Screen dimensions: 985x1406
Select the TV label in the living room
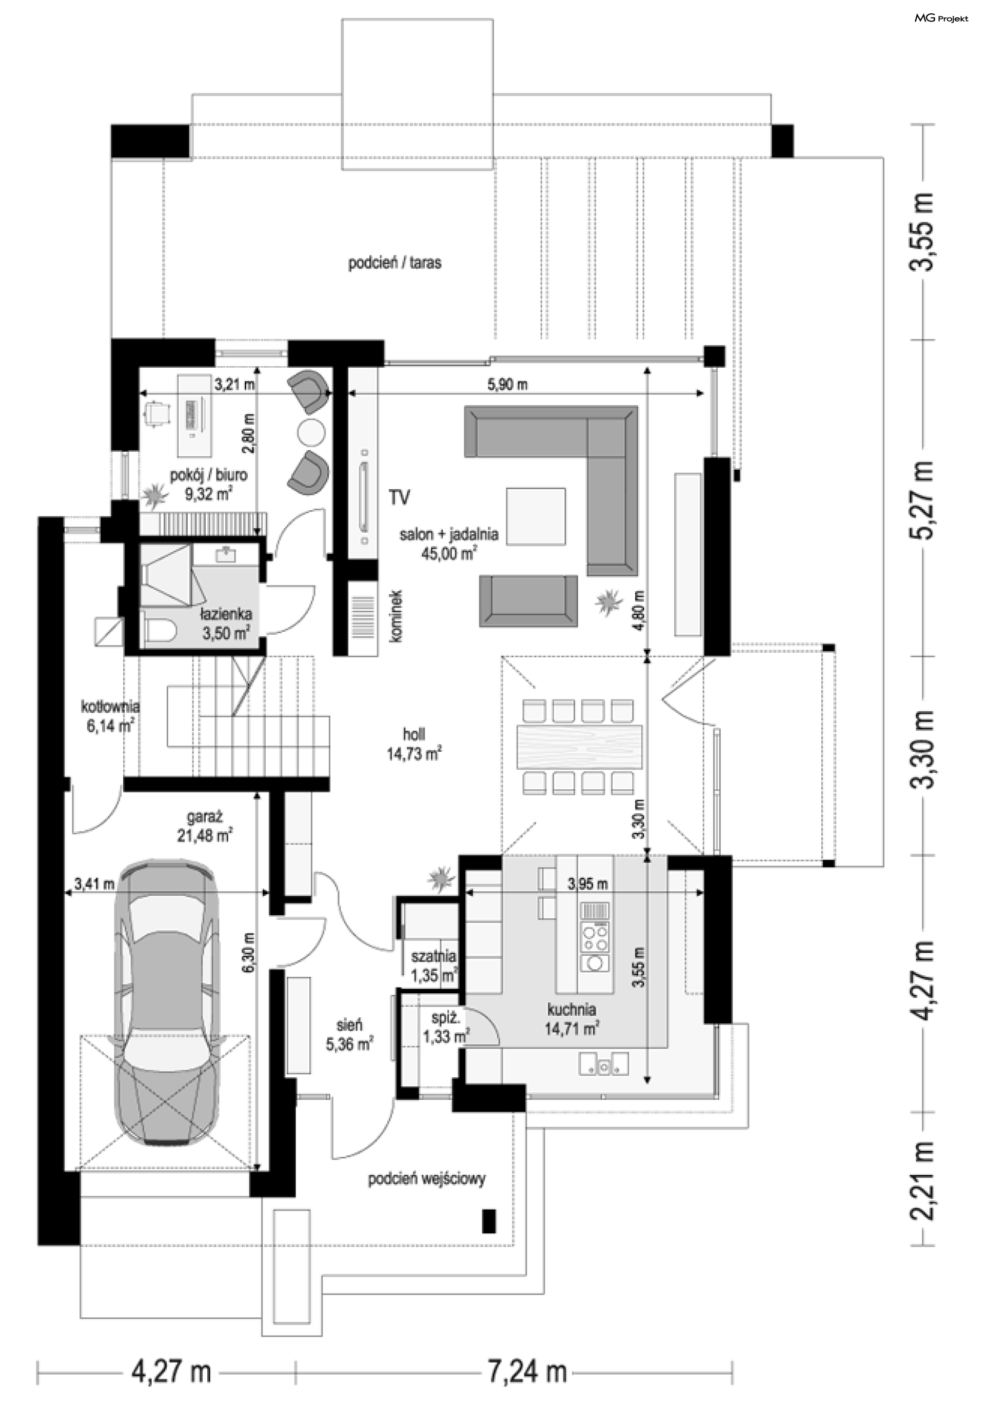[400, 498]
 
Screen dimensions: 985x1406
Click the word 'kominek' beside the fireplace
[397, 615]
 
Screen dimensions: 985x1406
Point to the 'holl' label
[414, 734]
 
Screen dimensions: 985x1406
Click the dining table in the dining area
[579, 747]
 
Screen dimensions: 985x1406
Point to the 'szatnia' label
[433, 955]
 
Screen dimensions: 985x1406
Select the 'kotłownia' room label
[110, 706]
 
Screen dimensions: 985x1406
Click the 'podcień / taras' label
[395, 264]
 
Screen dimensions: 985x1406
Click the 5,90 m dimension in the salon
[508, 385]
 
